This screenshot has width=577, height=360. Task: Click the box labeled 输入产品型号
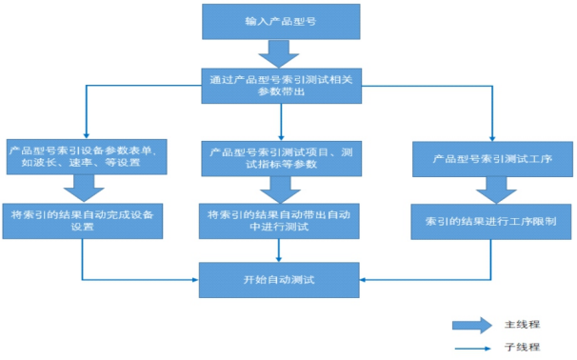pyautogui.click(x=282, y=22)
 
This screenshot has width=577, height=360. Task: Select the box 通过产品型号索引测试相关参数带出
pyautogui.click(x=282, y=84)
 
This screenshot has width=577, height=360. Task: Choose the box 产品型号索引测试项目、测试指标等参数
pyautogui.click(x=282, y=156)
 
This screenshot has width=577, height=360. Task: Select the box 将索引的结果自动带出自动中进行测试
pyautogui.click(x=282, y=221)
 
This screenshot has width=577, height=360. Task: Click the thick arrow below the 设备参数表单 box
pyautogui.click(x=84, y=189)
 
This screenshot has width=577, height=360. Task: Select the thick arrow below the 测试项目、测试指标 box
pyautogui.click(x=281, y=189)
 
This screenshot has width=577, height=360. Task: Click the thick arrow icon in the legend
pyautogui.click(x=472, y=324)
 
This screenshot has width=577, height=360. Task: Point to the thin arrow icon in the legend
pyautogui.click(x=472, y=348)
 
